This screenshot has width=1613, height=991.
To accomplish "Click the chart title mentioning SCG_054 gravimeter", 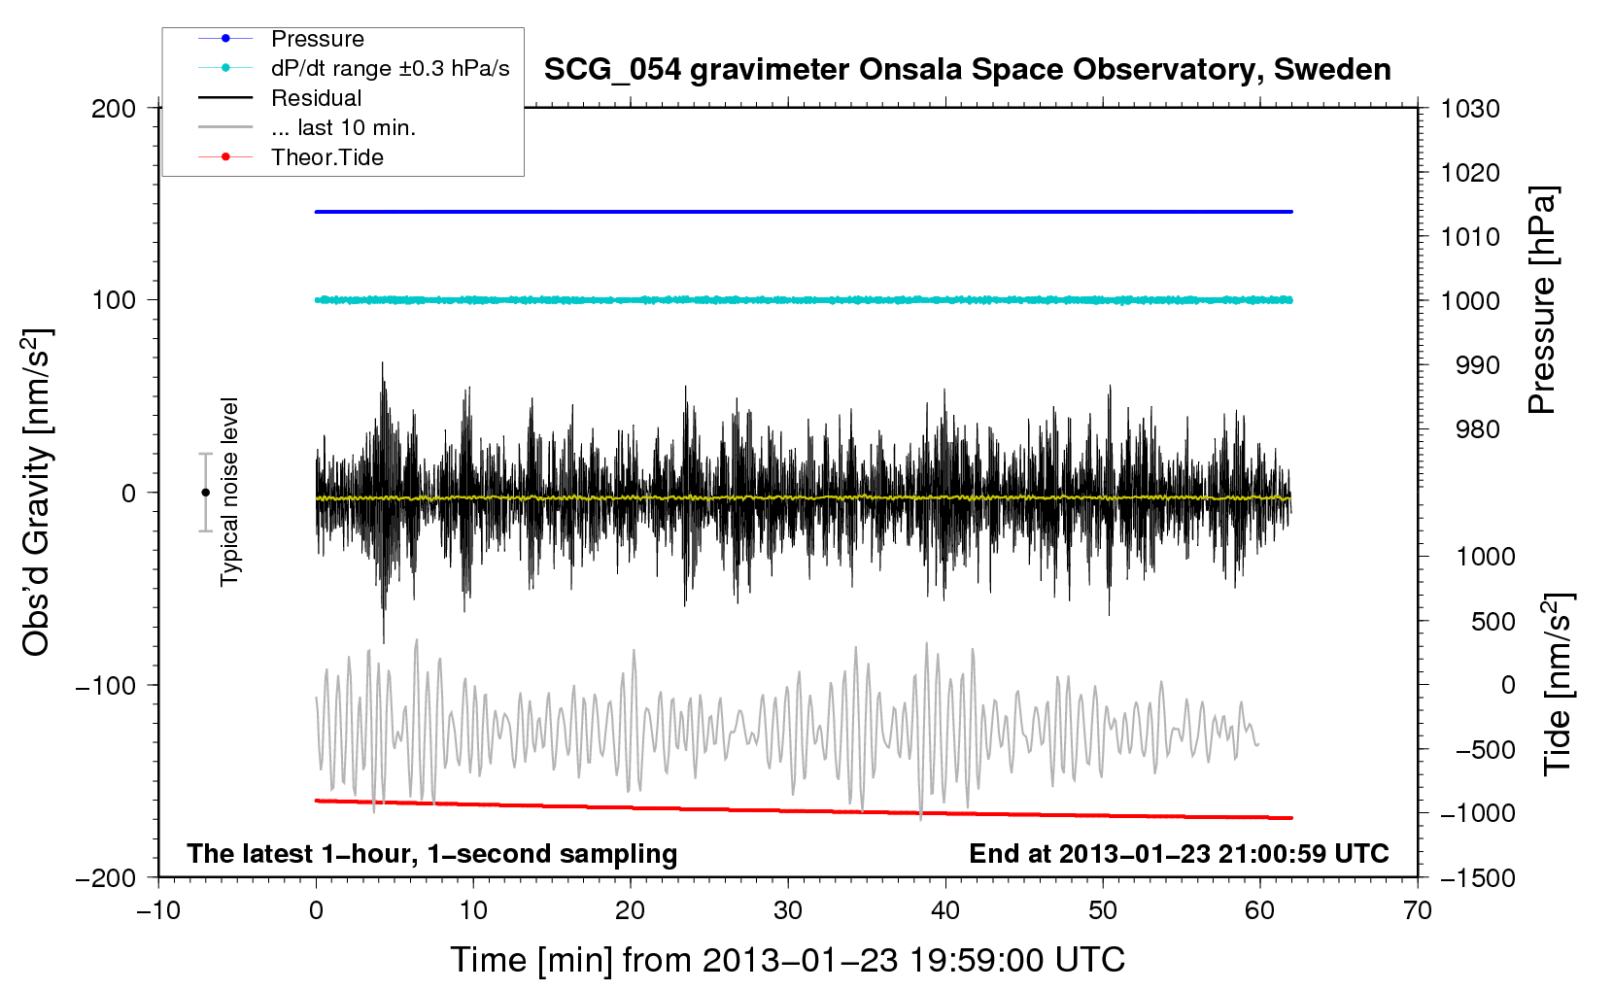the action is [x=967, y=70].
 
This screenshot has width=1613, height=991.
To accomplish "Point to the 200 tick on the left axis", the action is [x=114, y=109].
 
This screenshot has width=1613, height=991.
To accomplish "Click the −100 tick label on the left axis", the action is [x=106, y=685].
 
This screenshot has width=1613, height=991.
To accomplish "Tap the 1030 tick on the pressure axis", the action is [x=1470, y=109].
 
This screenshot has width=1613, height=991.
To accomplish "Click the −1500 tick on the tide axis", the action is [x=1478, y=878].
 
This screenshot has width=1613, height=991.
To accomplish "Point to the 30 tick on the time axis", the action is [x=788, y=910].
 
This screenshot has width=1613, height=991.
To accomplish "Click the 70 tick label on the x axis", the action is [x=1417, y=910].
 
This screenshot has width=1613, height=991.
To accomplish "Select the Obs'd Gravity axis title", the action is [x=36, y=493].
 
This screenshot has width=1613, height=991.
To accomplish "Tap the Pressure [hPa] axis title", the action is [x=1542, y=300].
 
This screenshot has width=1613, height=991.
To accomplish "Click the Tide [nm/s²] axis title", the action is [x=1559, y=684].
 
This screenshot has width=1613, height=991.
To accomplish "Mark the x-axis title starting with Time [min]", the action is [x=788, y=960].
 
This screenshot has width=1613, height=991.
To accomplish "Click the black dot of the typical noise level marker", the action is [x=205, y=493].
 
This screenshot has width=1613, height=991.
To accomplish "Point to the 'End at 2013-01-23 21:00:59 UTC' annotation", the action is [x=1179, y=853].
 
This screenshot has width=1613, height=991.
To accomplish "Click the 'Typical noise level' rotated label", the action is [x=229, y=493].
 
